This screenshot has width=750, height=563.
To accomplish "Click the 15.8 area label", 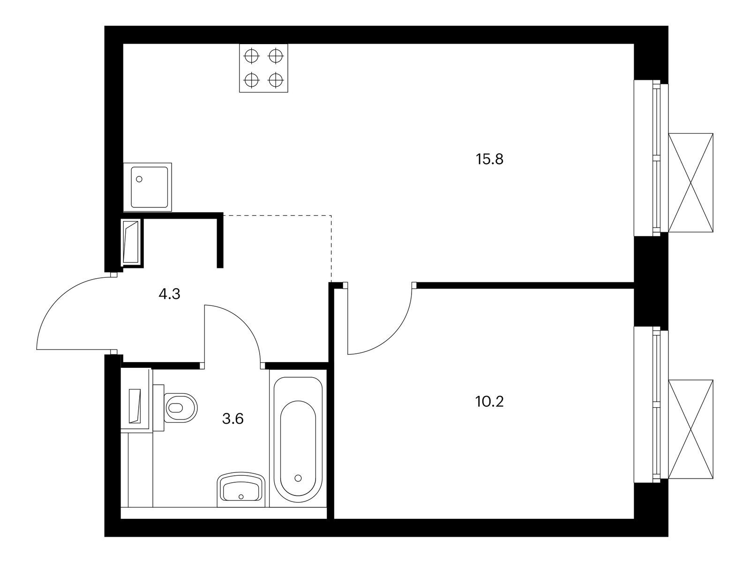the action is click(x=490, y=160).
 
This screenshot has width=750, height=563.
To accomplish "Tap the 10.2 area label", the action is click(x=489, y=402).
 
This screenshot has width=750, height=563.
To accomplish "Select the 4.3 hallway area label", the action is click(x=169, y=294).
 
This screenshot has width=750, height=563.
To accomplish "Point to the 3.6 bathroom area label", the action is click(x=232, y=419).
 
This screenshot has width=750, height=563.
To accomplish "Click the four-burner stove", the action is click(x=263, y=68).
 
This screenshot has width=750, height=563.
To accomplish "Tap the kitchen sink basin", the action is click(x=150, y=187).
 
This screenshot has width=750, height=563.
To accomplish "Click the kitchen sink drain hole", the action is click(x=139, y=179).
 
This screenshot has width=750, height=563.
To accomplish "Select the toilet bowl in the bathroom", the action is click(x=181, y=407).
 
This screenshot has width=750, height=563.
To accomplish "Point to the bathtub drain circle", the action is click(x=298, y=478).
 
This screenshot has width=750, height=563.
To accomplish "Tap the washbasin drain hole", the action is click(x=241, y=497).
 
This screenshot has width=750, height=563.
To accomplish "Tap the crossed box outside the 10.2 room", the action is click(x=690, y=429).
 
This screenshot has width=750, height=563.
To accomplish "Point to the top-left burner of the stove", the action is click(x=251, y=56).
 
